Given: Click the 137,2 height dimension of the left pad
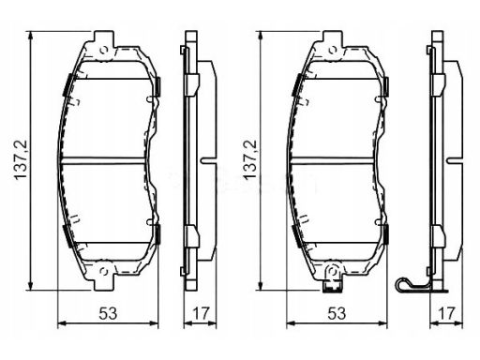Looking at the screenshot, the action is click(x=22, y=160).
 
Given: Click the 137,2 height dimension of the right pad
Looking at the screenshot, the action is click(x=250, y=160).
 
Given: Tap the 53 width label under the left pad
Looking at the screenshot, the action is click(x=108, y=313).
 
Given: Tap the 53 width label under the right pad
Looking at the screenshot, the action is click(x=337, y=313).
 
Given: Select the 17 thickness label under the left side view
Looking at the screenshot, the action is click(x=200, y=313).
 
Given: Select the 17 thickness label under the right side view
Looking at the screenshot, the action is click(x=446, y=313).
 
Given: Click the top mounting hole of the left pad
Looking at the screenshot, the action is click(x=104, y=50).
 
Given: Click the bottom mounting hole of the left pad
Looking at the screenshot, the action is click(x=103, y=271).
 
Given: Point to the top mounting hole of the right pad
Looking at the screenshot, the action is click(x=333, y=50).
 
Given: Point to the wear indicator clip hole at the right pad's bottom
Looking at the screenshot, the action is click(x=333, y=271).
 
